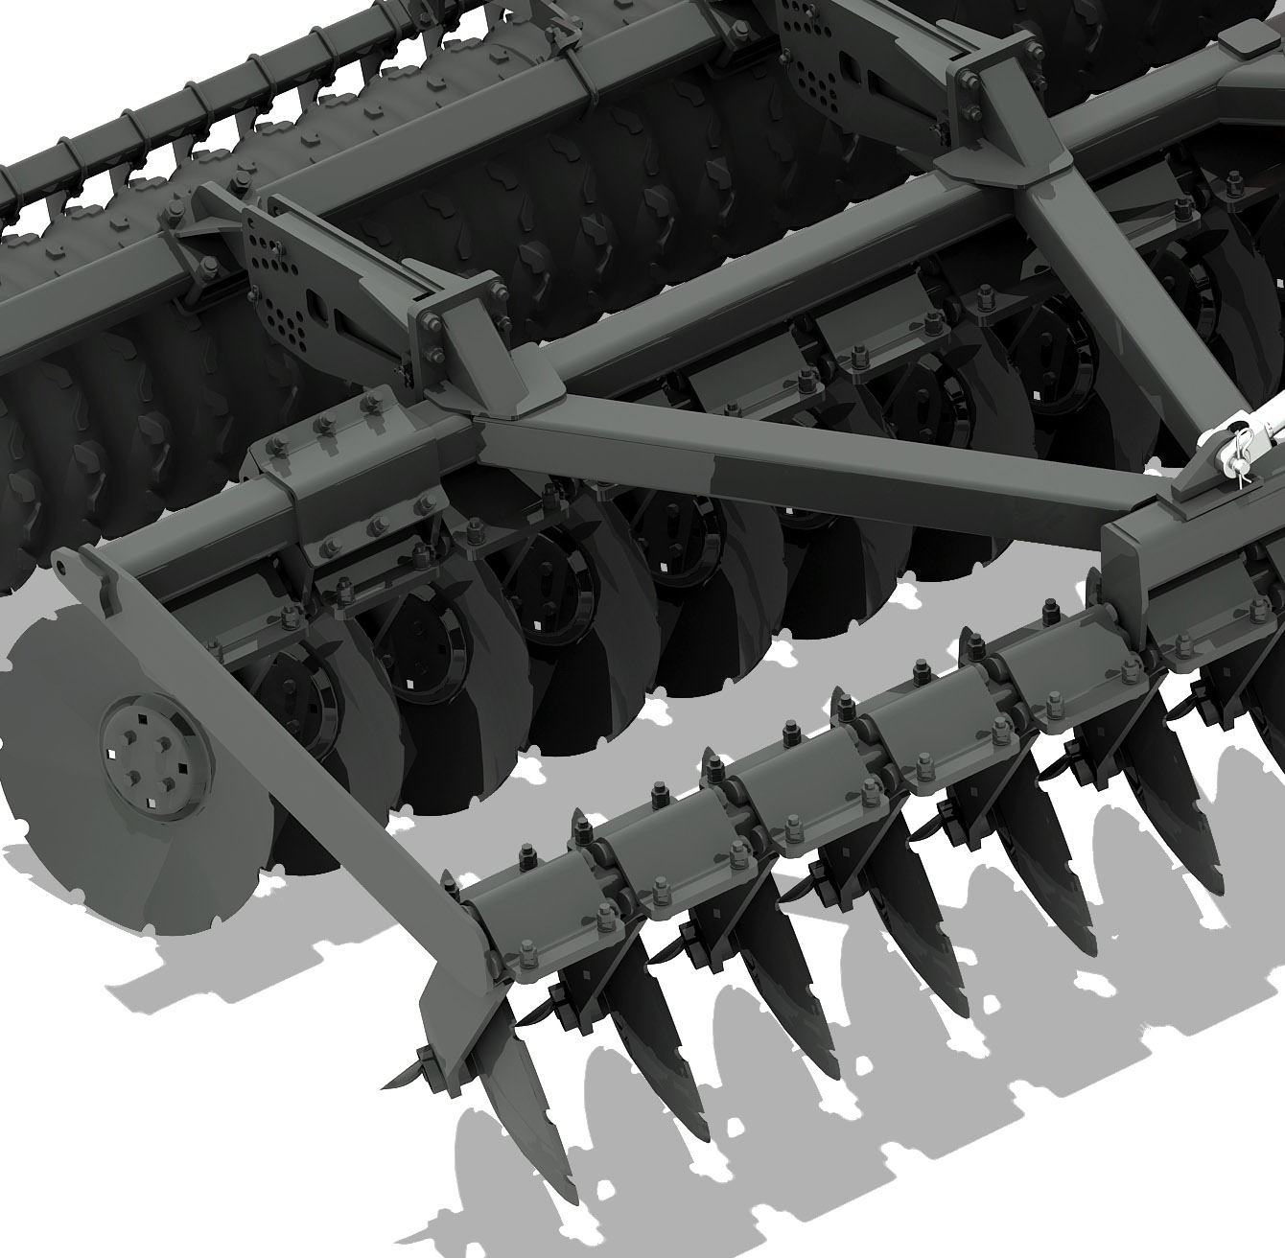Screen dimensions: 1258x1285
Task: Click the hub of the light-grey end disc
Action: (x=153, y=755)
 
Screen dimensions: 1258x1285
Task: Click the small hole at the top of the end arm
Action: (x=60, y=568)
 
